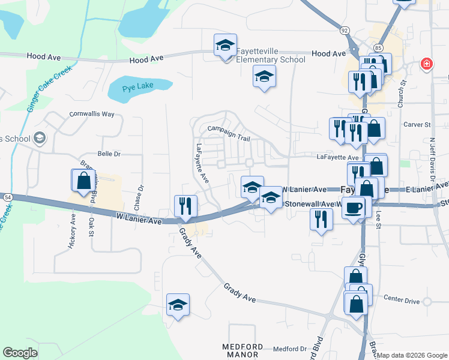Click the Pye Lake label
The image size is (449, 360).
pos(138,86)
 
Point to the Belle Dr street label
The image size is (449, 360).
pos(109,154)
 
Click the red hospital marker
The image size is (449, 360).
pos(426,64)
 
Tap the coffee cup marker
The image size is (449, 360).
pos(354,206)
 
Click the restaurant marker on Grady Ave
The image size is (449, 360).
pos(185,205)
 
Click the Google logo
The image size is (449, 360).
pos(20,352)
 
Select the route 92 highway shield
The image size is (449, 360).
pos(344,29)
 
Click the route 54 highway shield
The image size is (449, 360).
pos(7,197)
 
